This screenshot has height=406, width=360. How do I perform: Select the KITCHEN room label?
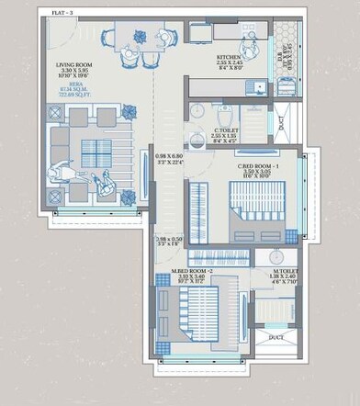coord(229,56)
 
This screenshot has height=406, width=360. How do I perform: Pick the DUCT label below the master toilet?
coord(276,337)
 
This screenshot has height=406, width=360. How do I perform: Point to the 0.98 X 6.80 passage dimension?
coord(170,156)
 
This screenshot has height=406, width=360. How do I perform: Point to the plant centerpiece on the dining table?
coord(140,36)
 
